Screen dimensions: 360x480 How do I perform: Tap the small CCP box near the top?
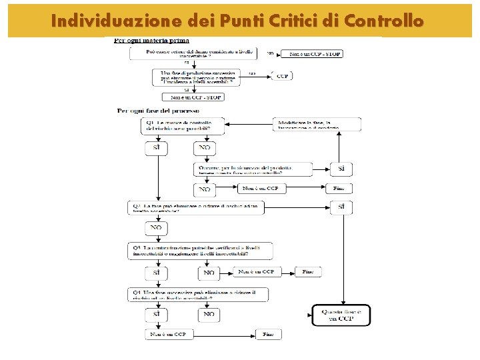281,76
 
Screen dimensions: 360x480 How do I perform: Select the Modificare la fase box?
317,124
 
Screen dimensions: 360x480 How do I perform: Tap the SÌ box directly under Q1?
156,147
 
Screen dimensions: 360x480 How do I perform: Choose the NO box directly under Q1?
204,147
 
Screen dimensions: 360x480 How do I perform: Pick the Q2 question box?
196,208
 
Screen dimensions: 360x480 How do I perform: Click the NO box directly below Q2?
156,228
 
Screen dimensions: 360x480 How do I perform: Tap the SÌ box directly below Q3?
156,272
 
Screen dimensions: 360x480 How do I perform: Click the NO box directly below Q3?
209,272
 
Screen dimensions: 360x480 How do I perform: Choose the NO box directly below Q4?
209,313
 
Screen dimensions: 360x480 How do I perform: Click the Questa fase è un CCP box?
341,315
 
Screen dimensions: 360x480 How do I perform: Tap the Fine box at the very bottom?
269,334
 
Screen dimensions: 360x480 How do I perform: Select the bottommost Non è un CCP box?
169,334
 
